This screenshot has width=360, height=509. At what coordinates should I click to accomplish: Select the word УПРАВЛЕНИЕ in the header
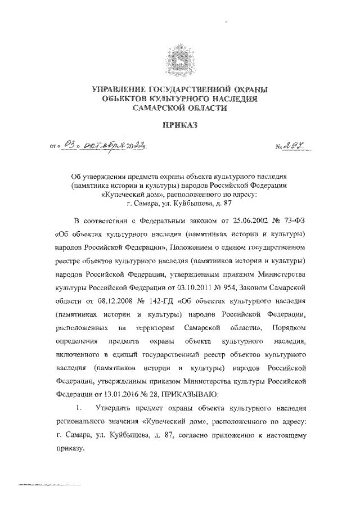[x=116, y=89]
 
